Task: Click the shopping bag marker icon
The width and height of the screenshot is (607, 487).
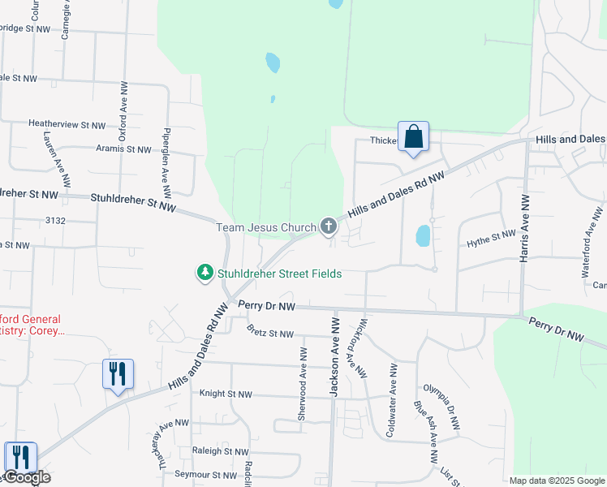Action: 413,136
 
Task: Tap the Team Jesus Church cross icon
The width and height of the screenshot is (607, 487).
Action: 328,226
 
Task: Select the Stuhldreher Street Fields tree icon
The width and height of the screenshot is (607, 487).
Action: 206,274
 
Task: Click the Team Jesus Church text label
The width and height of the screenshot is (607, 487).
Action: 265,227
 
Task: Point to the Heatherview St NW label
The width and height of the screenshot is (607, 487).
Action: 67,125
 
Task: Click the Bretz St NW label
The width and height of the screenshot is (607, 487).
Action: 270,333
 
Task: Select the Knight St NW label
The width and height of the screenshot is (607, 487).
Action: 226,394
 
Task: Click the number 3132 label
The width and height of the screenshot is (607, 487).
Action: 55,220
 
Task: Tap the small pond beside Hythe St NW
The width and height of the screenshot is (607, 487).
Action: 423,235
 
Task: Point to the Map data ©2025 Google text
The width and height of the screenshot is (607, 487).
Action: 556,481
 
